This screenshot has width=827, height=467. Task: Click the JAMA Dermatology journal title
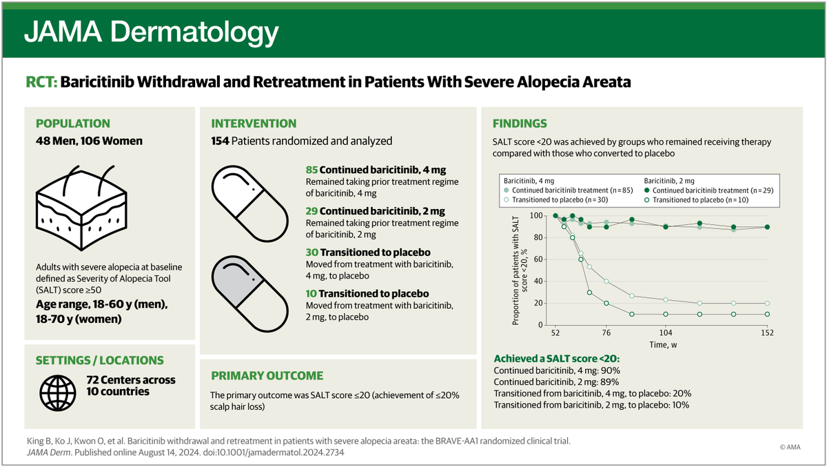click(152, 32)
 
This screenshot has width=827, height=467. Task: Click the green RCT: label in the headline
click(41, 82)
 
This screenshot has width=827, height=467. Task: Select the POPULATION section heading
click(73, 123)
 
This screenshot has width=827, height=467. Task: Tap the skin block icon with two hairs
click(81, 208)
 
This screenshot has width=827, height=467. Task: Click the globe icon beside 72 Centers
click(58, 393)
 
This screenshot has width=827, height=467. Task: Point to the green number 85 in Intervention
click(312, 170)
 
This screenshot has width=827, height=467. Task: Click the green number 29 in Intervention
click(312, 211)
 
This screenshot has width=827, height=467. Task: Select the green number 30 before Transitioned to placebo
click(312, 252)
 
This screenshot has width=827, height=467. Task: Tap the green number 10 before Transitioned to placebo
click(312, 294)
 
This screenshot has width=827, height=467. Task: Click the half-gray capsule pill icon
click(250, 294)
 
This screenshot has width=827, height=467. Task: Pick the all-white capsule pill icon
click(250, 203)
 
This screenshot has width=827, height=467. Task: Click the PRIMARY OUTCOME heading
click(267, 376)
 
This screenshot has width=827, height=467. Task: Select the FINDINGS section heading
click(520, 123)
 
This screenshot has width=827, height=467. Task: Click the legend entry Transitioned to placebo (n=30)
click(555, 200)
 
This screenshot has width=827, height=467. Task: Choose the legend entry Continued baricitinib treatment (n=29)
click(709, 190)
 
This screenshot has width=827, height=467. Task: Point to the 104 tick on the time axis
click(666, 332)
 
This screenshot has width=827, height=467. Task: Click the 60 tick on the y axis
click(538, 259)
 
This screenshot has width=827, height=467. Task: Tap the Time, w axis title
click(663, 345)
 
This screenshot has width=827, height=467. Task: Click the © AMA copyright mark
click(790, 447)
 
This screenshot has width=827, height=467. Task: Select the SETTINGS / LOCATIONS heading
click(100, 360)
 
